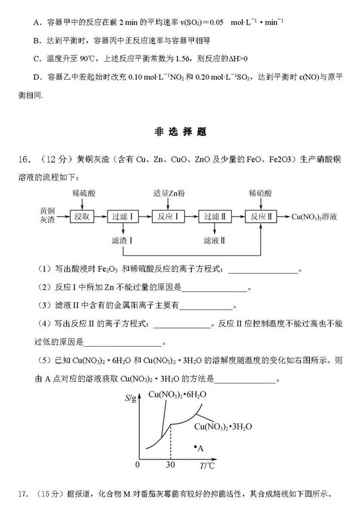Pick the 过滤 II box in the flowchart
tap(214, 217)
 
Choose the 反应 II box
tap(262, 217)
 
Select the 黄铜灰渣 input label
tap(47, 216)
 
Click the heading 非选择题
tap(179, 133)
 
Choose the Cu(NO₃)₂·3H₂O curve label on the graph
tap(223, 427)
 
